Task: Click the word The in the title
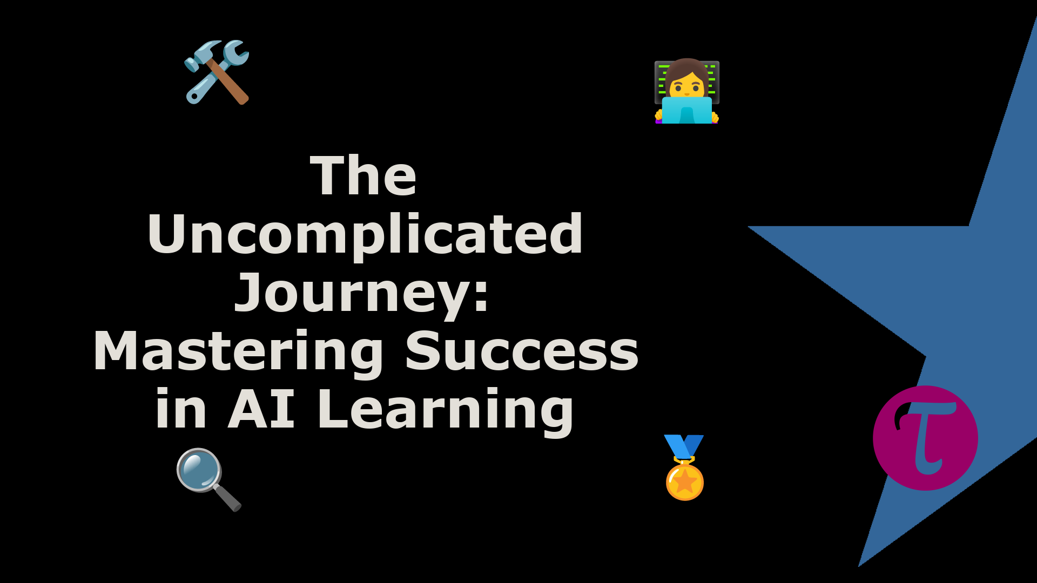[363, 175]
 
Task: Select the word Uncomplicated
[365, 235]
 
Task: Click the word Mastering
[238, 352]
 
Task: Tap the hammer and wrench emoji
[217, 72]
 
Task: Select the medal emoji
[684, 467]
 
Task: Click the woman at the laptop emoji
[687, 91]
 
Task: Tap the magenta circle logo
[925, 438]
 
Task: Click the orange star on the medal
[685, 480]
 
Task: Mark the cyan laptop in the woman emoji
[687, 110]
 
